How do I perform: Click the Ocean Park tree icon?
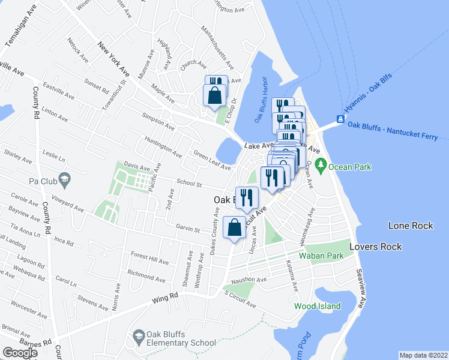click(321, 164)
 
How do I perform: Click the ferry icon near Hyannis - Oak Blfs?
click(340, 119)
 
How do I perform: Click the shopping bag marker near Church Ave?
click(215, 95)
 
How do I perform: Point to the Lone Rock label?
click(411, 226)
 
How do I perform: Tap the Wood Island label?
click(317, 306)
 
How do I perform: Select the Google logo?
click(20, 353)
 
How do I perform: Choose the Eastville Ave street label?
click(58, 91)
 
